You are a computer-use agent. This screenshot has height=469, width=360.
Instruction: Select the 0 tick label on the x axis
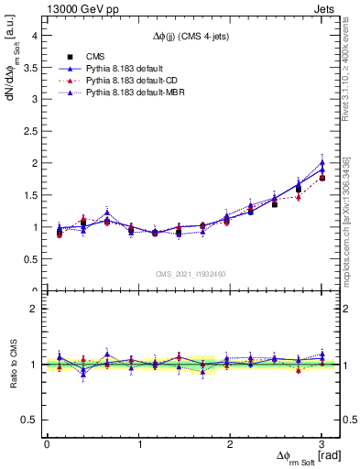[x=47, y=444]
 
